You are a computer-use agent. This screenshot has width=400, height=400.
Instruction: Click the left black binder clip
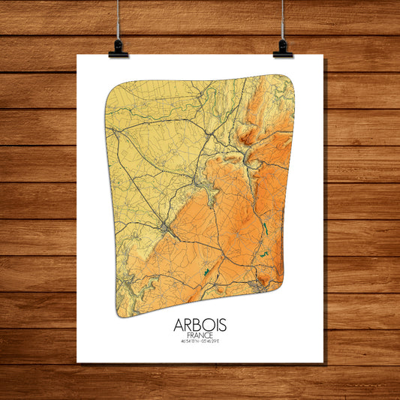pyautogui.click(x=119, y=50)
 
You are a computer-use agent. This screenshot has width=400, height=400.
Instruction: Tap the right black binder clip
pyautogui.click(x=283, y=50)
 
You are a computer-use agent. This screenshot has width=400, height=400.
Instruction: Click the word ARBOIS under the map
pyautogui.click(x=199, y=326)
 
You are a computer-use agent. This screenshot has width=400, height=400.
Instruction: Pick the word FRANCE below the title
pyautogui.click(x=199, y=336)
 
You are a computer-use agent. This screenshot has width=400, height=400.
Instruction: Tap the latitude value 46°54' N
pyautogui.click(x=188, y=343)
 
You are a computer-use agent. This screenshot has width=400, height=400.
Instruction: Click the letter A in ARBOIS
pyautogui.click(x=179, y=326)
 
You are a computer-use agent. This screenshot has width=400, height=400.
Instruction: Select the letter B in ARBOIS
pyautogui.click(x=196, y=326)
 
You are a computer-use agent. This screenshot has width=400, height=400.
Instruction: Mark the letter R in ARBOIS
pyautogui.click(x=188, y=326)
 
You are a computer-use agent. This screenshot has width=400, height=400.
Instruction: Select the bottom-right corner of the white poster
pyautogui.click(x=323, y=362)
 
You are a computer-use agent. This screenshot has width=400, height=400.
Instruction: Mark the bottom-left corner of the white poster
pyautogui.click(x=78, y=362)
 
